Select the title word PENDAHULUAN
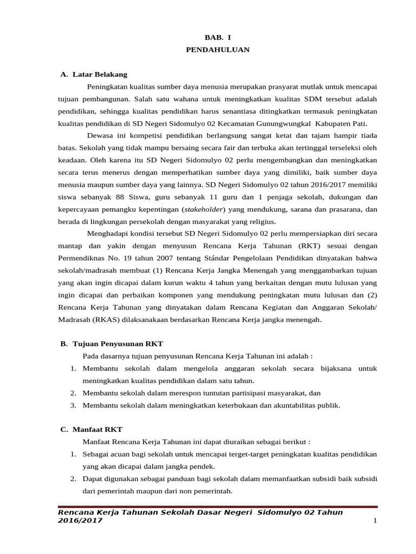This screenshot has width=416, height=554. (x=217, y=49)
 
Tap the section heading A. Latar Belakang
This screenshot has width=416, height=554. (x=94, y=74)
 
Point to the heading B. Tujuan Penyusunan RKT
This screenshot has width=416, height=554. (x=112, y=344)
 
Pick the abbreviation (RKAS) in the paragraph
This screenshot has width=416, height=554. (x=109, y=319)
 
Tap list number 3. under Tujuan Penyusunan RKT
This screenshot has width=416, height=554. (x=73, y=405)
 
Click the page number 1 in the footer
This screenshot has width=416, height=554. (x=374, y=520)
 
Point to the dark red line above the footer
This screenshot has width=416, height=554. (x=217, y=507)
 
